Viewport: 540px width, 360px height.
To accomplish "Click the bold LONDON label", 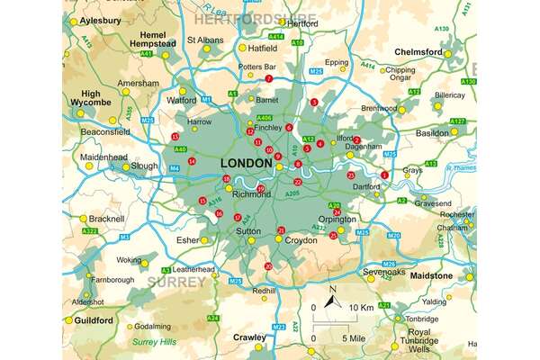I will tap(246, 163).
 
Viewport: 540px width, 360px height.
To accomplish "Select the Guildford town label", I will tap(92, 320).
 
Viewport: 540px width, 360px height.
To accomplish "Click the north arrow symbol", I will tap(331, 295).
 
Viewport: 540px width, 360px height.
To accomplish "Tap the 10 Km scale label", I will tap(362, 309).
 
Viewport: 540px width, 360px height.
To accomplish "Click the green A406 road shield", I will tap(265, 118).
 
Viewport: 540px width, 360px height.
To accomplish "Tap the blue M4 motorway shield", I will tap(175, 168).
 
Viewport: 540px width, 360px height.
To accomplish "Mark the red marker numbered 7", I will tap(267, 79).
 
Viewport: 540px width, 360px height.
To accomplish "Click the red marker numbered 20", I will tap(268, 266).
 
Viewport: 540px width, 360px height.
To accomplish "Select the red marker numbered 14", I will tap(190, 161).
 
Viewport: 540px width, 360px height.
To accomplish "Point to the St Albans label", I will tap(204, 40).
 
